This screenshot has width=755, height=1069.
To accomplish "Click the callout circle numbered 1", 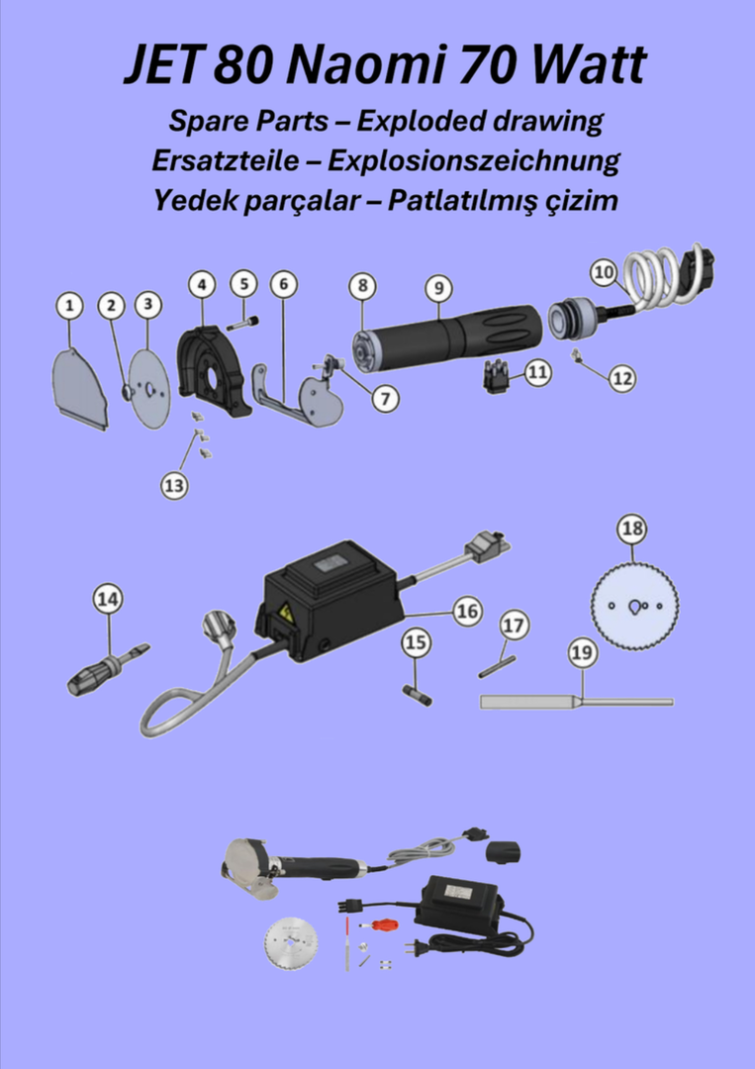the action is coord(69,307).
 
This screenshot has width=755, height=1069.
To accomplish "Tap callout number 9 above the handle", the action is coord(438,288).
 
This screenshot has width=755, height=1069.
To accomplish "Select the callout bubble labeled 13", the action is coord(174,485).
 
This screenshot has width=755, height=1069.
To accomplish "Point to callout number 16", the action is coord(467,611).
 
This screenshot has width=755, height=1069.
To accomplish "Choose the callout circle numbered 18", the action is coord(632,529).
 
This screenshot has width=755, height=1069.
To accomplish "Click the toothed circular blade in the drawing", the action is coord(634,606).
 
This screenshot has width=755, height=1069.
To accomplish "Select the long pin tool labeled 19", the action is coord(577,702).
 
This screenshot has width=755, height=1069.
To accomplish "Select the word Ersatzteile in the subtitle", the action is coord(225,161).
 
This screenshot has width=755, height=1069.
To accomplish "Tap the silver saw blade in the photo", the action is coord(292,944).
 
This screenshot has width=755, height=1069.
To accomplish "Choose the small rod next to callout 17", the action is coord(498,666).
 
